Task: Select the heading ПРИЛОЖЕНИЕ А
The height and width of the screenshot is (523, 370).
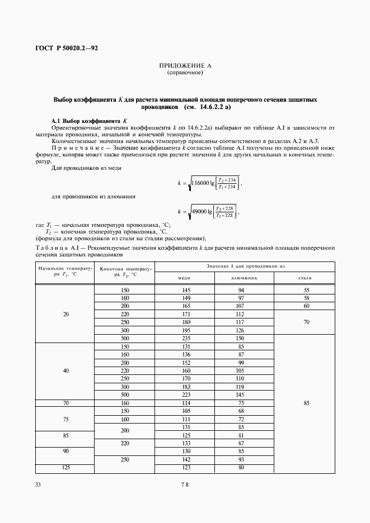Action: pos(185,66)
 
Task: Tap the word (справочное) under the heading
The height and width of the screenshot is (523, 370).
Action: pos(185,73)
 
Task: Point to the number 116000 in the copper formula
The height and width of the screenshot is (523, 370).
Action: pos(204,182)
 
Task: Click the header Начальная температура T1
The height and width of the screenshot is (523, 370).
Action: pos(65,272)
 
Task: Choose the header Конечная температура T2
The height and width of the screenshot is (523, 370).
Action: pos(124,272)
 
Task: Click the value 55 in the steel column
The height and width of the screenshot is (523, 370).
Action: pos(306,291)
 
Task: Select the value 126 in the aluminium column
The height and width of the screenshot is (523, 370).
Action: pos(240,330)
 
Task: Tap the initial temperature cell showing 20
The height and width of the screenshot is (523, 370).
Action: pos(65,315)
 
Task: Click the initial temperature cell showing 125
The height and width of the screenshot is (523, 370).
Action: pos(65,468)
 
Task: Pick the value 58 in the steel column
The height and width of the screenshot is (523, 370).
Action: pos(306,298)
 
